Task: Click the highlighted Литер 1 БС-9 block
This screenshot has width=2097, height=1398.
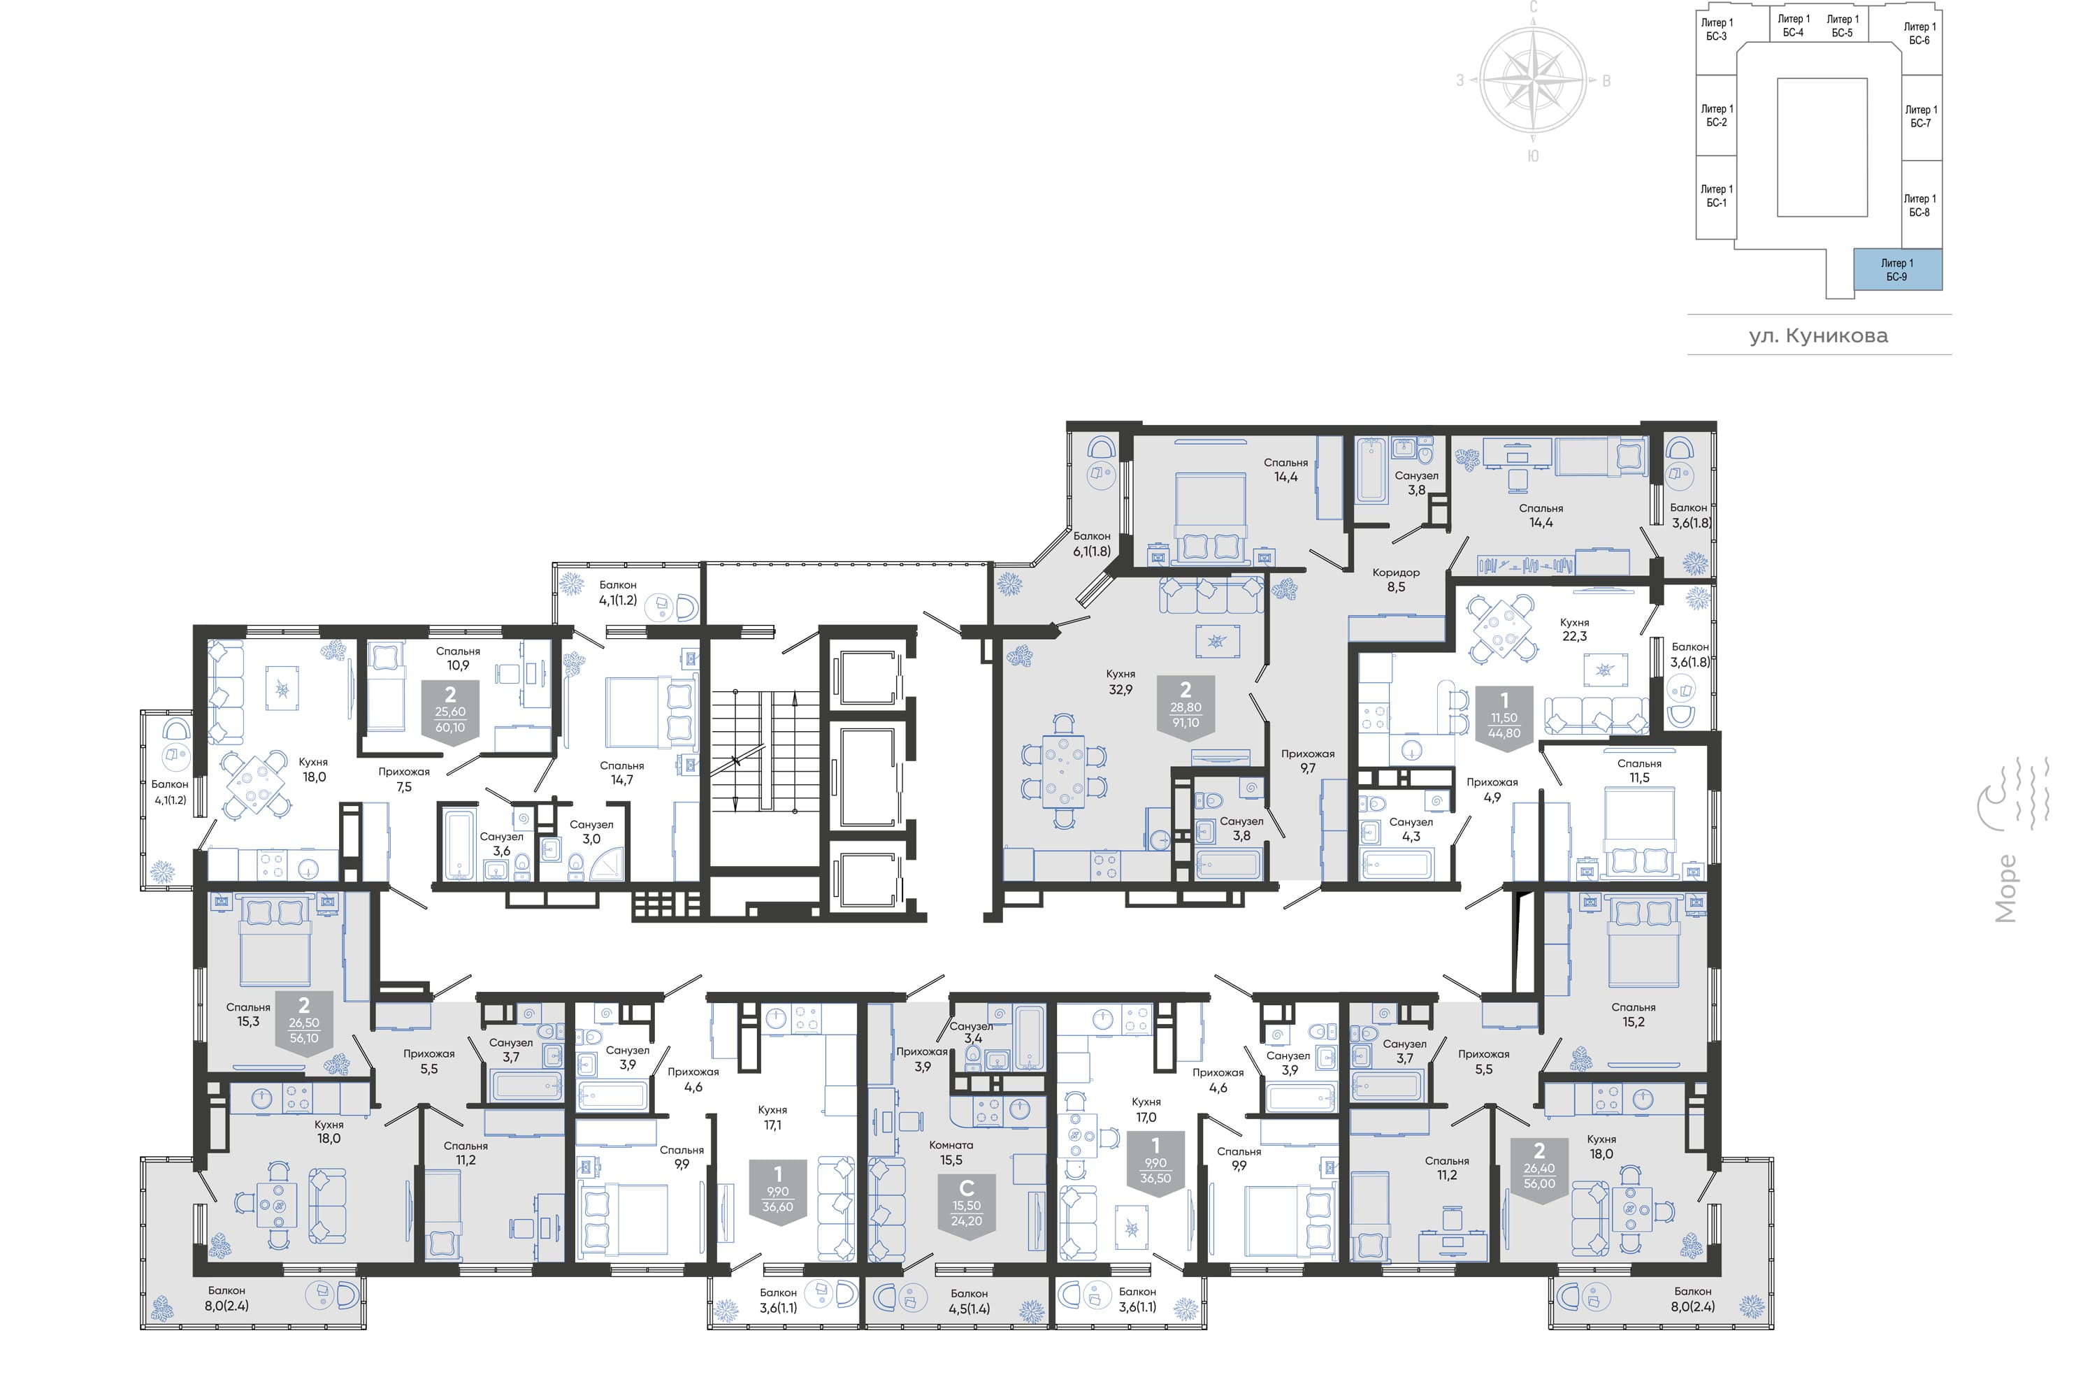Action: pos(1897,269)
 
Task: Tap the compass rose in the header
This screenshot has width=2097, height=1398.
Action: pos(1533,80)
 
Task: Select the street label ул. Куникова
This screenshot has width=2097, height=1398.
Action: pos(1818,336)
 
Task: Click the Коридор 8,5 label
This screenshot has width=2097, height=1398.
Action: pos(1396,579)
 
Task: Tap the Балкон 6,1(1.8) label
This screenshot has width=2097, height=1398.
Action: pos(1092,544)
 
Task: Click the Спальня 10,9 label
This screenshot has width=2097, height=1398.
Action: pos(459,658)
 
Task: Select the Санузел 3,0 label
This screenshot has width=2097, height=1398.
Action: pos(591,832)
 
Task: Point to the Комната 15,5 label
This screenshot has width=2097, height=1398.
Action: pos(951,1153)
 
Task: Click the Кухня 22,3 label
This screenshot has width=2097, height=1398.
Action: pos(1575,630)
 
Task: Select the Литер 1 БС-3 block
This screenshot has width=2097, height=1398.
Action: pos(1717,29)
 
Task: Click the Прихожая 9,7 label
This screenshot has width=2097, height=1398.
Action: pos(1308,761)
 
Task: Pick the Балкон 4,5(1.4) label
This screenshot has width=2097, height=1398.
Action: pos(969,1301)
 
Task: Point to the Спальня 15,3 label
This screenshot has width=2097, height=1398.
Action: pos(248,1014)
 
